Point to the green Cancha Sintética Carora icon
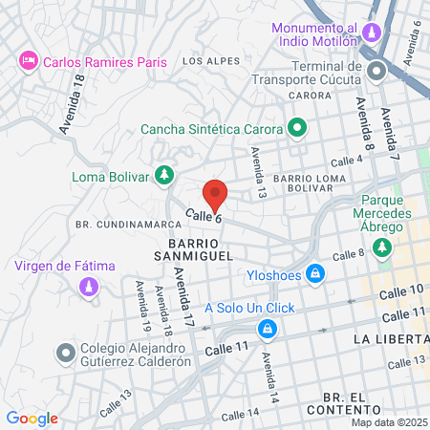pos(297,127)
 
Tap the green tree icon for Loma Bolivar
pos(165,175)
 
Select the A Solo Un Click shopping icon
pos(269,329)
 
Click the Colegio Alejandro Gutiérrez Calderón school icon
pos(65,353)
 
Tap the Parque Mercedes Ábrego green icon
pos(383,248)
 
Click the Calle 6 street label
pos(204,218)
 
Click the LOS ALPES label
pos(207,61)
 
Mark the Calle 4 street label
pos(348,161)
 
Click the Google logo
pos(32,418)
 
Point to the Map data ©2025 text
pos(389,422)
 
